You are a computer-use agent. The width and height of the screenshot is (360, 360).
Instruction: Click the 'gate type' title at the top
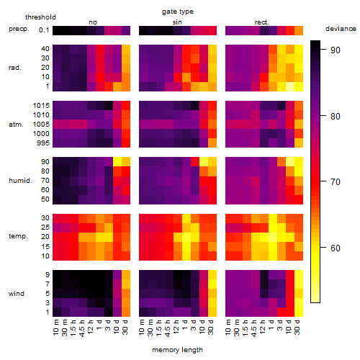click(178, 12)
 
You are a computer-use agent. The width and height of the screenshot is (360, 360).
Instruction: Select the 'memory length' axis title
click(178, 350)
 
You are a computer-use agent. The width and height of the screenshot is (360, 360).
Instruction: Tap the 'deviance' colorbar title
click(341, 29)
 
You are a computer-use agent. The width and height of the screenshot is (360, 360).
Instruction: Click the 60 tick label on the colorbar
click(336, 248)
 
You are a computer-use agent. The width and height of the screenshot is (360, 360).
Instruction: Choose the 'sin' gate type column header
click(177, 22)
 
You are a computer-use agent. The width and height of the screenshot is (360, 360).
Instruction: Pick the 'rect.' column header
click(262, 22)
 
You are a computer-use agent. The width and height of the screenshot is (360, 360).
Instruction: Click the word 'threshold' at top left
click(40, 17)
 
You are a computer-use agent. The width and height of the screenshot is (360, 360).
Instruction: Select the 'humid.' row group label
click(20, 181)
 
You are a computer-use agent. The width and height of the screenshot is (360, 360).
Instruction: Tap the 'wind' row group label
click(17, 294)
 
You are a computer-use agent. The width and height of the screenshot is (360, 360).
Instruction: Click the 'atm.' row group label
click(16, 125)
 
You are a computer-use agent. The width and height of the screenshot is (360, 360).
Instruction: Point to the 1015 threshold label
click(41, 106)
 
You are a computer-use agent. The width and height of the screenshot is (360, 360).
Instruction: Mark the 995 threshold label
click(43, 143)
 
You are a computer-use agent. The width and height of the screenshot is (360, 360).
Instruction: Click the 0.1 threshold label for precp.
click(44, 30)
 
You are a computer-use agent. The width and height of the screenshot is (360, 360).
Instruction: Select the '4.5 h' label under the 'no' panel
click(82, 328)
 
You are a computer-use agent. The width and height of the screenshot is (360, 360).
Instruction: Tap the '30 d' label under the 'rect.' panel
click(297, 327)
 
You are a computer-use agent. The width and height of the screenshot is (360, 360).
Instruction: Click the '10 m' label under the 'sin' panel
click(142, 328)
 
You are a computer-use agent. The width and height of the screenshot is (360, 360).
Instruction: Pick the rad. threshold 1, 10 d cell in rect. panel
click(290, 86)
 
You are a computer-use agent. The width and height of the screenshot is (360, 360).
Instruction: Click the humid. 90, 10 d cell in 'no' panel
click(117, 162)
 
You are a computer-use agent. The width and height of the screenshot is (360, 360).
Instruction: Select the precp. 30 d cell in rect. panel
click(299, 30)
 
